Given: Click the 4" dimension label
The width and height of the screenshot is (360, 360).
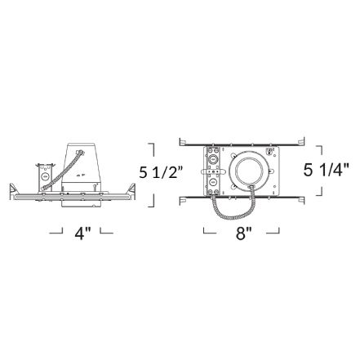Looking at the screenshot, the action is click(82, 233).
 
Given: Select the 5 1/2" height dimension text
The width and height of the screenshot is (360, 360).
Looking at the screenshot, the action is click(161, 172).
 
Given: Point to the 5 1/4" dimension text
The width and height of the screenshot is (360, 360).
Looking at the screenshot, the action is click(326, 170).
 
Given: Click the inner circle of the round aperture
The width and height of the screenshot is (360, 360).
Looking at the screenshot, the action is click(247, 172).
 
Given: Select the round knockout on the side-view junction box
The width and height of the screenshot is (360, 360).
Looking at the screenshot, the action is click(45, 176).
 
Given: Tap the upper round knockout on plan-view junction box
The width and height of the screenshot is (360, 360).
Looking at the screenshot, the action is click(213, 159).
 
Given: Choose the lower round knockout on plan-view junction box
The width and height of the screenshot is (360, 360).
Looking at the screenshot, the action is click(213, 181).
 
